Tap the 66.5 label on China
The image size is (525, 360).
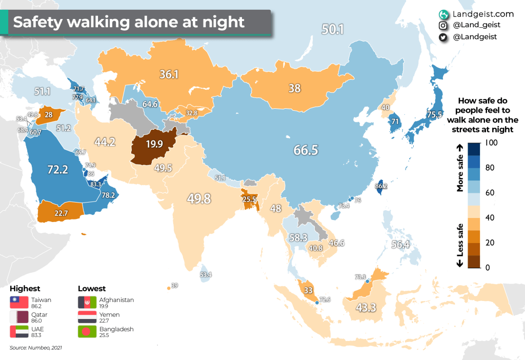(306, 150)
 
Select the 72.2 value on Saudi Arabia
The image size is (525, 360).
(57, 169)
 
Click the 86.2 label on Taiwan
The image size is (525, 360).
(381, 187)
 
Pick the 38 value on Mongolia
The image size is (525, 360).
(294, 88)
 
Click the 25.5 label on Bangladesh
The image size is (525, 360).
(249, 199)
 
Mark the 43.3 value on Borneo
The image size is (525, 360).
(367, 308)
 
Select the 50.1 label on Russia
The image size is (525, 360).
(332, 29)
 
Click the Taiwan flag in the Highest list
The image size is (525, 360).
(18, 303)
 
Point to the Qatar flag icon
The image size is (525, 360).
(18, 317)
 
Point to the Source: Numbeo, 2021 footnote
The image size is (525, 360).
(36, 348)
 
